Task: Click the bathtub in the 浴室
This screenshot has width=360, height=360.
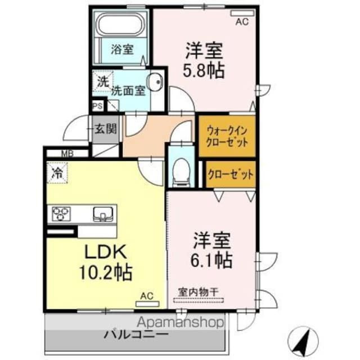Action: coord(120,25)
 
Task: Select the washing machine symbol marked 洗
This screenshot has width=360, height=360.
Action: coord(102,81)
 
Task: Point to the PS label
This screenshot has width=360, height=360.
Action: coord(97,105)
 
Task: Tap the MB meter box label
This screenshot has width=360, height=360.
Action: coord(66,152)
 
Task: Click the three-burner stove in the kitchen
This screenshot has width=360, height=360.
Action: coord(62,213)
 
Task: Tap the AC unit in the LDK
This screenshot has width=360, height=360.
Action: coord(146,296)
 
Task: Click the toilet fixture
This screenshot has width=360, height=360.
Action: coord(181,169)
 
